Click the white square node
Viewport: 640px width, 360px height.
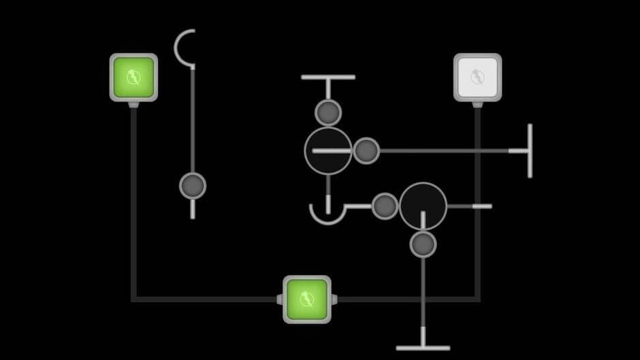click(477, 78)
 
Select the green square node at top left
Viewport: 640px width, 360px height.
click(133, 78)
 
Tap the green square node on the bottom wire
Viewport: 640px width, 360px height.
click(306, 299)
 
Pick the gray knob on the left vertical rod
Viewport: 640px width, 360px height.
click(193, 185)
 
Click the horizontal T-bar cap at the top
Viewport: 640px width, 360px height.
click(328, 78)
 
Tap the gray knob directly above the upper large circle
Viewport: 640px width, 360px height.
click(328, 112)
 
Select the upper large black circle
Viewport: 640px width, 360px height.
click(328, 150)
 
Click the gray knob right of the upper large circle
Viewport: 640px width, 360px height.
click(366, 150)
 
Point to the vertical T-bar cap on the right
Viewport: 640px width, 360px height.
click(529, 150)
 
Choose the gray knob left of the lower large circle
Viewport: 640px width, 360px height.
click(385, 206)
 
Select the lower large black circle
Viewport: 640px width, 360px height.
click(423, 206)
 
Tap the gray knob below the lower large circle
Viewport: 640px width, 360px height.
click(423, 244)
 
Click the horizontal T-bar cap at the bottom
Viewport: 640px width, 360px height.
click(423, 348)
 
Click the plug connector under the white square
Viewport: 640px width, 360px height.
click(477, 105)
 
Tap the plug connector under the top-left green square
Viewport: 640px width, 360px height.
click(133, 105)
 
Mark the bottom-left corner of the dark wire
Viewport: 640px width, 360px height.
click(134, 299)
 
